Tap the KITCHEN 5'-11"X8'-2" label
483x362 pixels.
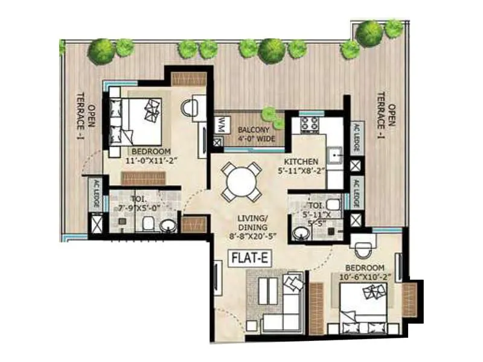305,166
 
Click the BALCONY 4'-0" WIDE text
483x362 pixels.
256,135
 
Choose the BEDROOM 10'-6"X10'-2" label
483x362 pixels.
365,272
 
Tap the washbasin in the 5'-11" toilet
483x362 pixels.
299,232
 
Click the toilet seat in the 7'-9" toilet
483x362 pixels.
147,224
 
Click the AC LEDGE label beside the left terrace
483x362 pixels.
94,194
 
